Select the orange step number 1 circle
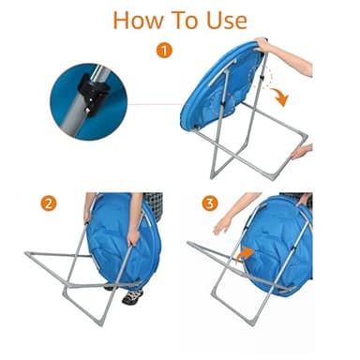point(165,50)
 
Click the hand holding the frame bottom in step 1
point(300,151)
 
